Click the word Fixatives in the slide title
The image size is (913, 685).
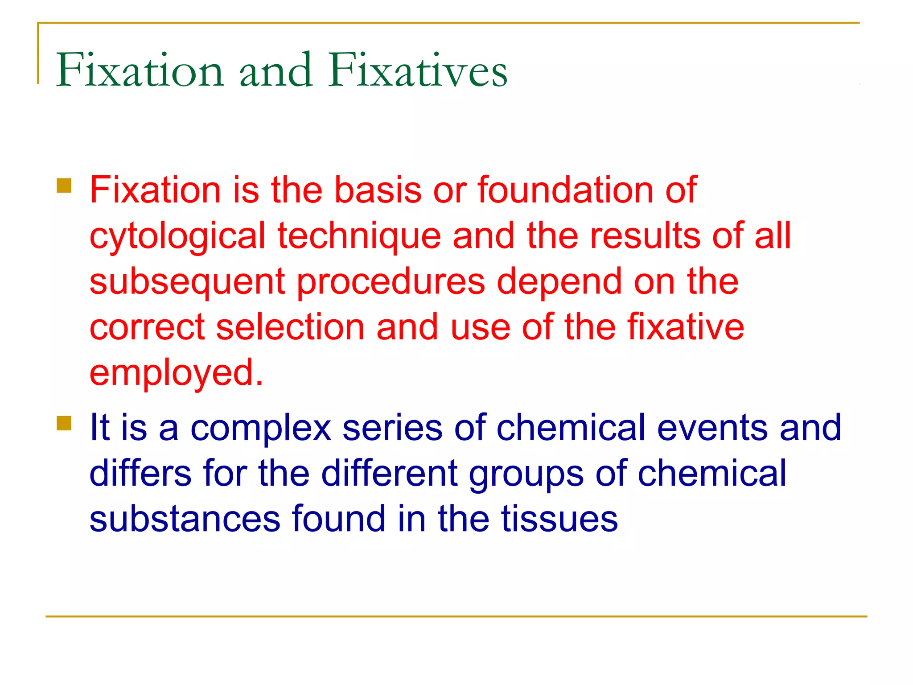418,70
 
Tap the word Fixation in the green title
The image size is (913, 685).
140,70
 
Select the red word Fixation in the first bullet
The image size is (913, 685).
155,190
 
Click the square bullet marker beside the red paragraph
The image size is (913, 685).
64,186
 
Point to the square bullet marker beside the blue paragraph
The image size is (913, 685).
64,423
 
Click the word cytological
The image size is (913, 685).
177,236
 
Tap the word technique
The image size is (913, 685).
359,236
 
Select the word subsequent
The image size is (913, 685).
187,283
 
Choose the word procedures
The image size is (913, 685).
391,283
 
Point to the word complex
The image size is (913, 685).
261,428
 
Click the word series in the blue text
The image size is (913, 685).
392,428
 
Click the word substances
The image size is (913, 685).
185,519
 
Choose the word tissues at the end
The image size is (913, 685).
559,519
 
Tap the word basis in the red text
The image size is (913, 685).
378,190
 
